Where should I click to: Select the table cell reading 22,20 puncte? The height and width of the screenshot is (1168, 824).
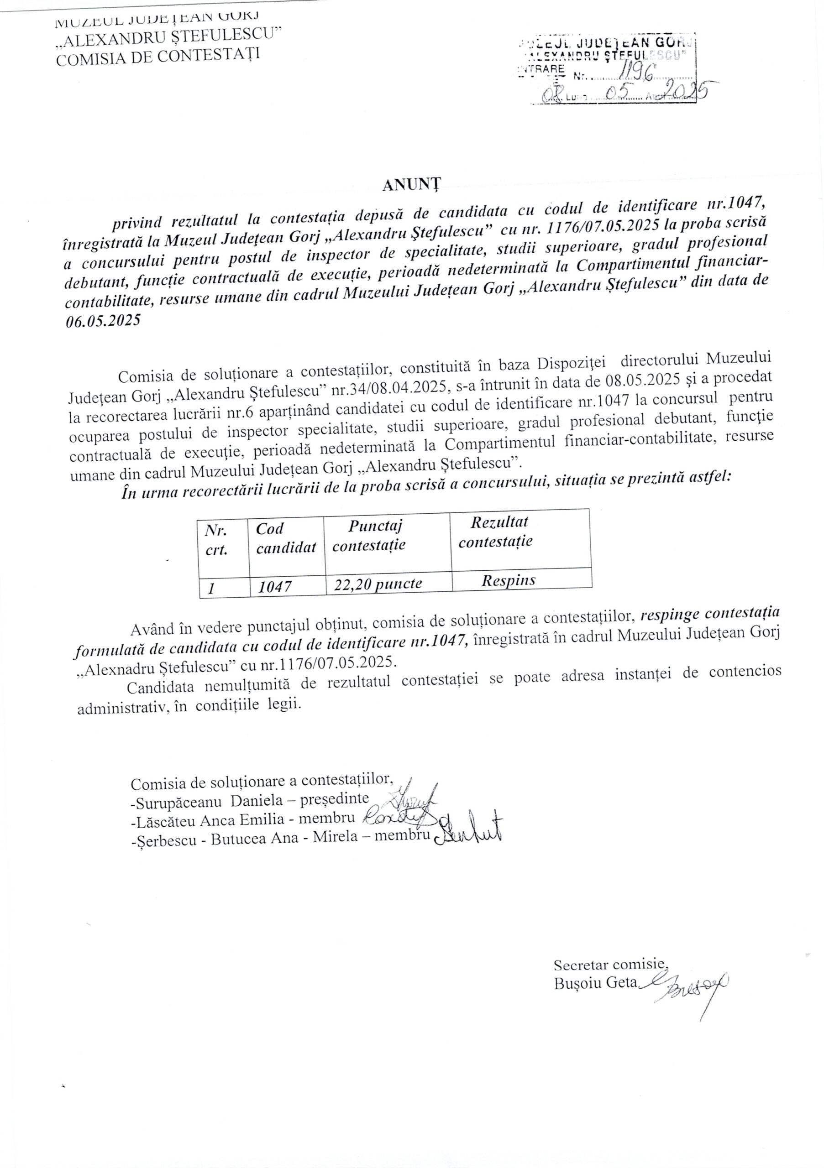pyautogui.click(x=378, y=584)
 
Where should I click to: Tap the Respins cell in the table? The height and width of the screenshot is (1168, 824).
pyautogui.click(x=509, y=580)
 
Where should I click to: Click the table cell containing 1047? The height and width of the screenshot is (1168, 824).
pyautogui.click(x=275, y=587)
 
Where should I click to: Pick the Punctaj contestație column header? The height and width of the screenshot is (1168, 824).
pyautogui.click(x=370, y=535)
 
